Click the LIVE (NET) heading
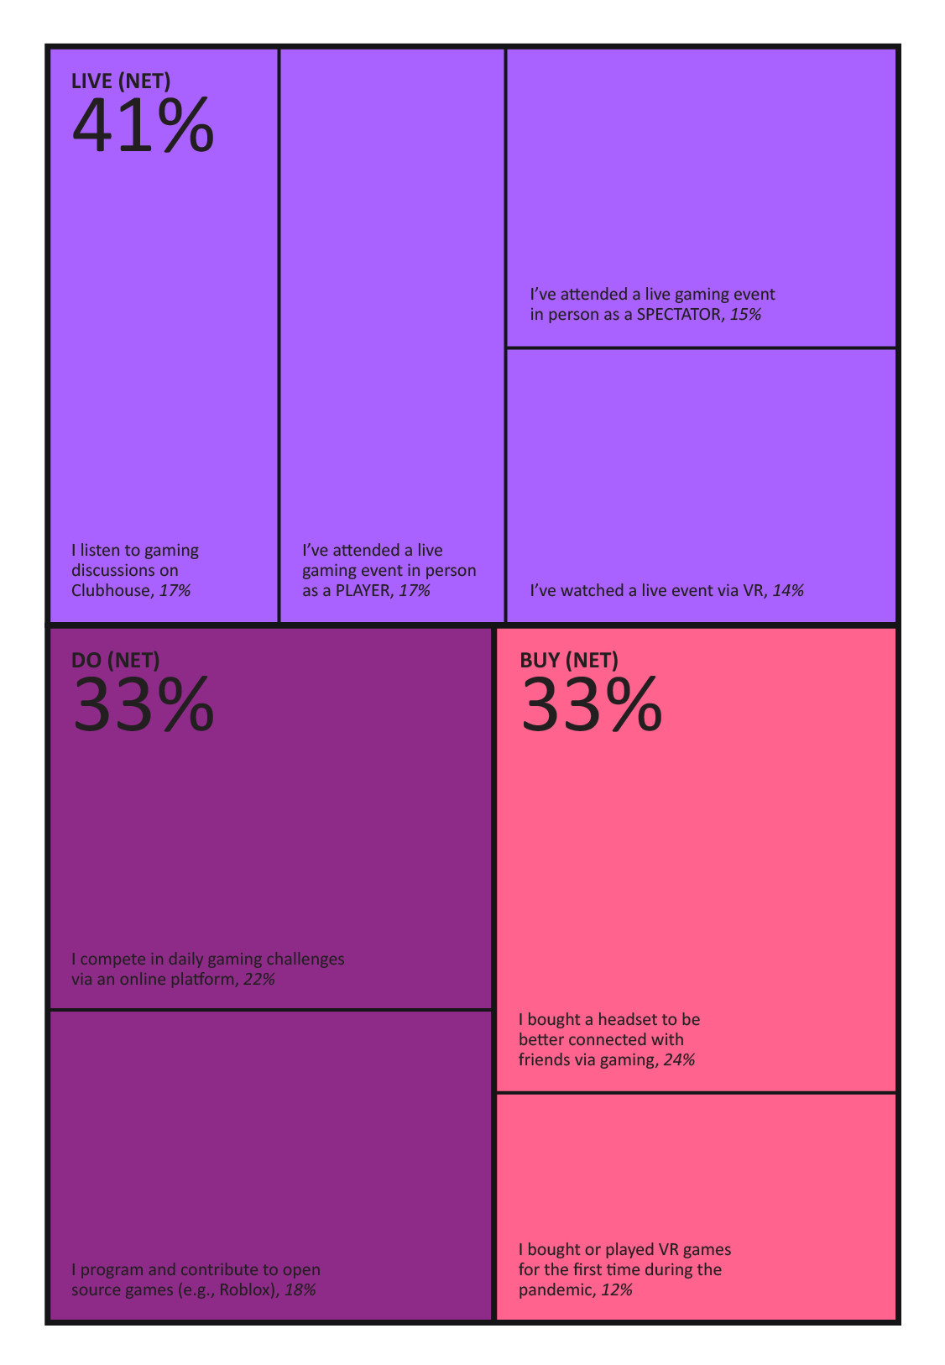121,81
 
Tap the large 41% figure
143,126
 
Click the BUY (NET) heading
569,660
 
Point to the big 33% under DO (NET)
143,705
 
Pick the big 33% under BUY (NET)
592,705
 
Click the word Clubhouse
111,590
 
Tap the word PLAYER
363,590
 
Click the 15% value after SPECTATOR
745,314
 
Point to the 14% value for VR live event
788,590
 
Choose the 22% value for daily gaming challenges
259,979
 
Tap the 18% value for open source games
300,1289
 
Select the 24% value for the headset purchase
679,1059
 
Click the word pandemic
556,1289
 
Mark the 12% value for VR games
617,1289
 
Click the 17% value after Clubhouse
175,590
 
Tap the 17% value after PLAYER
414,590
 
